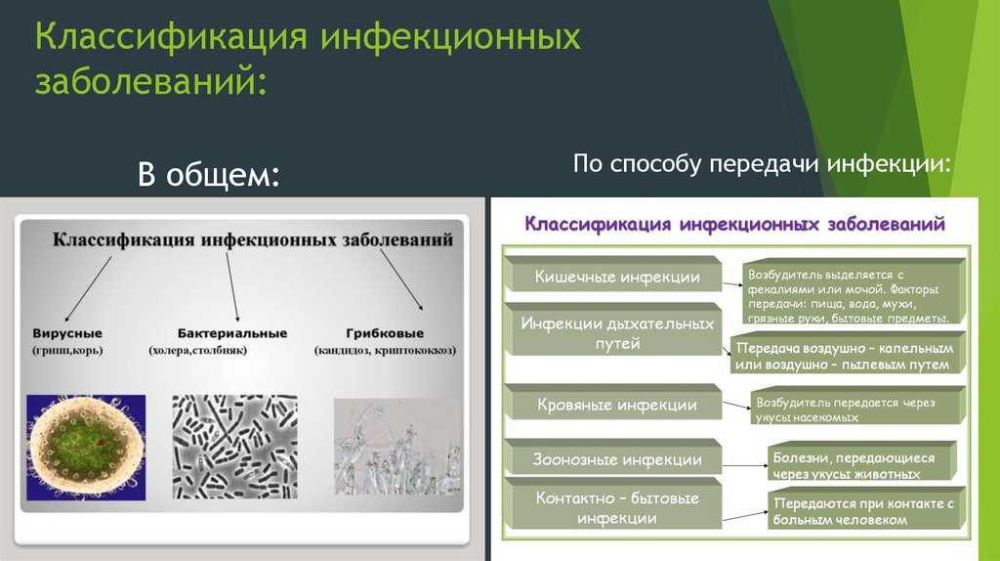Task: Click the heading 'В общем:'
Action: (x=209, y=174)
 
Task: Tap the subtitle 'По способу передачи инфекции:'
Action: (x=762, y=164)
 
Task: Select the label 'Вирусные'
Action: (x=67, y=333)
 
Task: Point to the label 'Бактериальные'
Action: (x=232, y=333)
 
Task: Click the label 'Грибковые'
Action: (x=385, y=333)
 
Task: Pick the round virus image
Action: (x=86, y=447)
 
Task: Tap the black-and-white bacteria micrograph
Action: (x=234, y=447)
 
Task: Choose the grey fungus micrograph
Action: (x=398, y=447)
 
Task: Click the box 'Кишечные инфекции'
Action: (x=616, y=277)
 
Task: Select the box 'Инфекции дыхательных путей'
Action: (x=616, y=331)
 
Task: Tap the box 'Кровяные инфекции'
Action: (x=616, y=404)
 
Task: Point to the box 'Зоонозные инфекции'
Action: (x=616, y=459)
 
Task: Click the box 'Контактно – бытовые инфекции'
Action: (x=616, y=506)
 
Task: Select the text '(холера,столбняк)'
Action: (x=197, y=351)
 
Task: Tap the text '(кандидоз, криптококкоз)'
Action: (x=385, y=351)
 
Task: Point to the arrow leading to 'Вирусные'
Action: (x=88, y=289)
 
